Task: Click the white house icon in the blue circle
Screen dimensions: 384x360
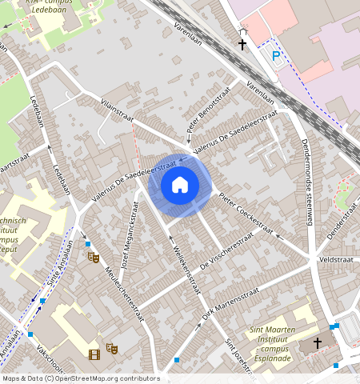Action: [x=180, y=185]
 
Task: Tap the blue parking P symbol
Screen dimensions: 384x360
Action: [x=276, y=56]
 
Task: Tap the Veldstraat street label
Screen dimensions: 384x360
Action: [x=335, y=260]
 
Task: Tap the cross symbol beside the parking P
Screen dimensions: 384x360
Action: [x=242, y=45]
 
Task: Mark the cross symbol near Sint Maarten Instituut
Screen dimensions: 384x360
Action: [x=317, y=343]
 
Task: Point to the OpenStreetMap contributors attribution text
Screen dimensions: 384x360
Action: [x=80, y=378]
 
